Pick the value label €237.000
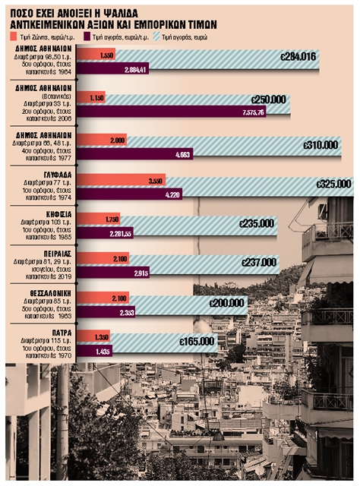click(x=258, y=262)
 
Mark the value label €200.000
click(x=228, y=302)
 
